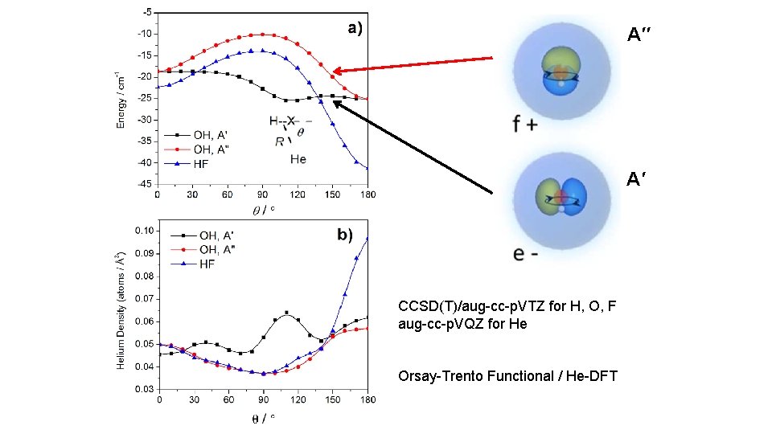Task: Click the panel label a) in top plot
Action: click(355, 28)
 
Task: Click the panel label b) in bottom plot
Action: click(345, 235)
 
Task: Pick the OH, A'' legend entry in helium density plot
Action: click(203, 250)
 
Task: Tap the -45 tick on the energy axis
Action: click(146, 184)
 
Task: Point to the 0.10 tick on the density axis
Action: click(145, 231)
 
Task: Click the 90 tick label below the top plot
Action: click(262, 194)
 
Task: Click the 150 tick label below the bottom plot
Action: click(332, 399)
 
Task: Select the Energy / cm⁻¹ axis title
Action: click(121, 100)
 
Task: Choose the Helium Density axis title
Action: click(121, 311)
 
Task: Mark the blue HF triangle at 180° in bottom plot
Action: click(368, 239)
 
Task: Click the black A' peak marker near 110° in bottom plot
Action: click(286, 313)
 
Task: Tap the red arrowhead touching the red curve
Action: click(338, 71)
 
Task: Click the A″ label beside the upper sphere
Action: click(639, 35)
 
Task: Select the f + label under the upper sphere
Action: click(525, 124)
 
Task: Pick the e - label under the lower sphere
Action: click(525, 253)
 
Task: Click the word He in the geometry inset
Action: click(298, 159)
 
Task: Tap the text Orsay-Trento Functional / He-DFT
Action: click(507, 376)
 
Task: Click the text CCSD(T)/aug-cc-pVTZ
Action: click(471, 306)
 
